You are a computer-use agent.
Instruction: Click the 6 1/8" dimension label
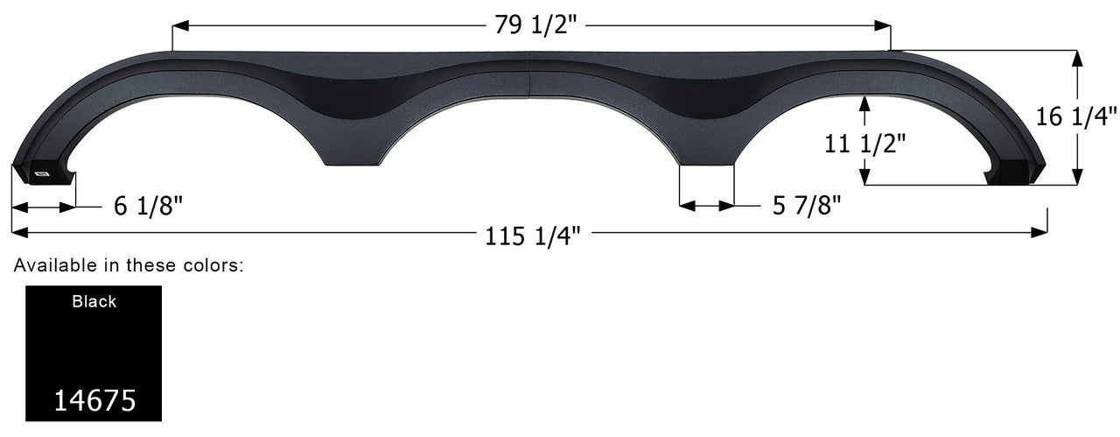[148, 207]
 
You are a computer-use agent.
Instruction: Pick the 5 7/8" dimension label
[806, 206]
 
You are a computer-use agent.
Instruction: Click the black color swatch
[94, 350]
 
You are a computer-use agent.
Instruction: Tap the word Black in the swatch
[94, 302]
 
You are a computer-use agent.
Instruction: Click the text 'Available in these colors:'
[129, 264]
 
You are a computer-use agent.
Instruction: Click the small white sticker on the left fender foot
[41, 173]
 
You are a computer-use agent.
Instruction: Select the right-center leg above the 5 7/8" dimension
[707, 156]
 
